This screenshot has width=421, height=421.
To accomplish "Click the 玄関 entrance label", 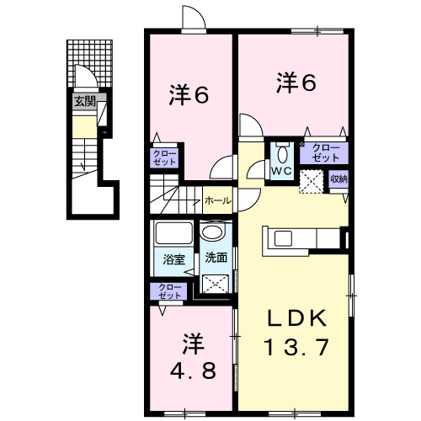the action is coord(85,101).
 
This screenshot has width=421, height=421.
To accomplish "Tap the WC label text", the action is coord(281,171).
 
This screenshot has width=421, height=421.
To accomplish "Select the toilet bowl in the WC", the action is coord(282,154).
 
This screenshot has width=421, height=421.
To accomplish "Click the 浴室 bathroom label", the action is coord(174,259).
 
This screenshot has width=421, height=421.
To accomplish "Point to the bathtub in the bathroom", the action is coord(174,233).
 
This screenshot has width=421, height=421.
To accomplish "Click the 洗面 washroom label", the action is coord(216,258).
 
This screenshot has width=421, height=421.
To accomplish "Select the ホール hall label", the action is coord(218,200).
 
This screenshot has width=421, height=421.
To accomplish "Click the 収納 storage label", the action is coord(338,179).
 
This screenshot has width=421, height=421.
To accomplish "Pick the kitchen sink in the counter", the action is coord(283,238).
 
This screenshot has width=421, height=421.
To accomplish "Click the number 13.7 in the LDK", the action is coord(296,347).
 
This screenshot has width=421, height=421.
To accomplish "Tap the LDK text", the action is coord(297,318).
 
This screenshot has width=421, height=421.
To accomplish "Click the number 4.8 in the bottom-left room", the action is coord(193,370).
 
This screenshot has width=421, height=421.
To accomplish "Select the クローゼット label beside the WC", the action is coord(326,153).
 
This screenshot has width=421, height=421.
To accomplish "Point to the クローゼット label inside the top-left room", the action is coord(164,157).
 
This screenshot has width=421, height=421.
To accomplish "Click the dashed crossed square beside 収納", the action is coord(312,181).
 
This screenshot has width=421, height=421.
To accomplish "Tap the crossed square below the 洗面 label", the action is coord(216,284).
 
